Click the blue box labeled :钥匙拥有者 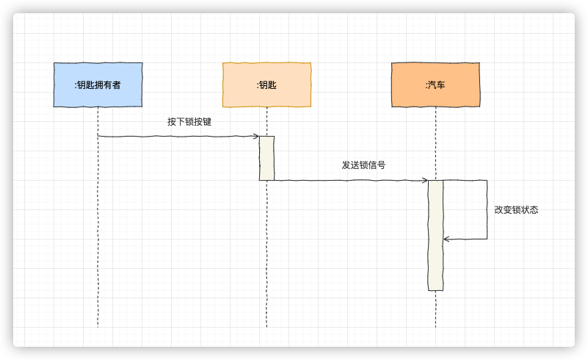point(98,84)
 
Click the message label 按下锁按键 point(189,121)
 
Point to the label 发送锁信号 point(363,165)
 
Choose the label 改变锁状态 point(517,209)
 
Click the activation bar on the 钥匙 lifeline point(266,158)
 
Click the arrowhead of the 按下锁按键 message point(256,136)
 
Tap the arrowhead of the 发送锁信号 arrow point(425,180)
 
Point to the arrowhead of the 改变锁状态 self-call point(446,239)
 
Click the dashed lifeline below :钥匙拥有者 point(98,235)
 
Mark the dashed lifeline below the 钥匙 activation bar point(266,257)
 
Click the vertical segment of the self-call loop point(487,209)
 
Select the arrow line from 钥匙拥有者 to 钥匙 point(176,136)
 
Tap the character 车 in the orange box point(440,85)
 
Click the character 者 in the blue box point(116,85)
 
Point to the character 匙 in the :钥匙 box point(272,85)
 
